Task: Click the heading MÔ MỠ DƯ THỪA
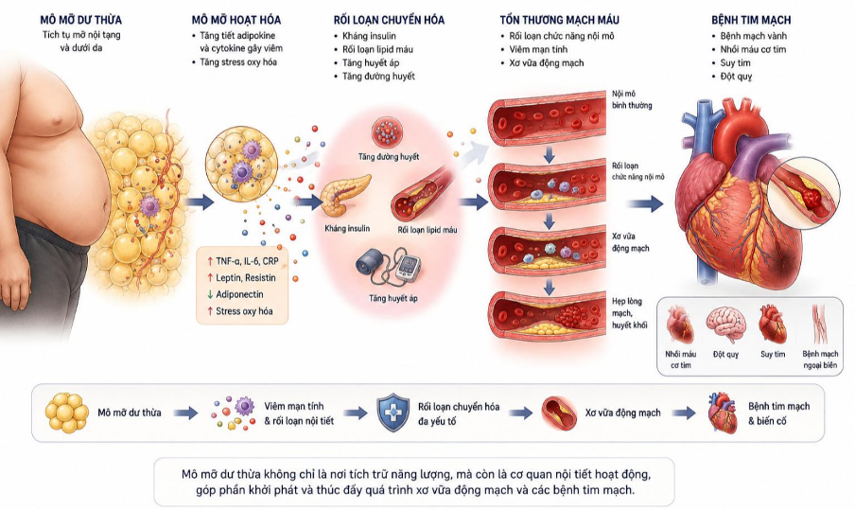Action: (x=80, y=20)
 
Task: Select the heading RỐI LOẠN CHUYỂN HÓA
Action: (x=389, y=20)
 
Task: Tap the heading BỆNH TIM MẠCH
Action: (x=750, y=20)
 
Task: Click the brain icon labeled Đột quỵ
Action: (x=725, y=325)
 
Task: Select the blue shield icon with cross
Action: (x=393, y=413)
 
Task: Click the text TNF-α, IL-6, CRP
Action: (x=242, y=261)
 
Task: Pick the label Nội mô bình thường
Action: (x=632, y=99)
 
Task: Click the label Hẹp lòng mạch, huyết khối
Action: (x=629, y=313)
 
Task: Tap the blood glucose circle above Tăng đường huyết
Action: (x=388, y=132)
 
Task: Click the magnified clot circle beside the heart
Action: (x=803, y=193)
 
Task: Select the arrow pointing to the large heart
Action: (x=644, y=204)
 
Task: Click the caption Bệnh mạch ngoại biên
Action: (x=820, y=360)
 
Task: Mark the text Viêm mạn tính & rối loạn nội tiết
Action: (x=299, y=413)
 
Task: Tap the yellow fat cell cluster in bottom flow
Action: (x=66, y=413)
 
